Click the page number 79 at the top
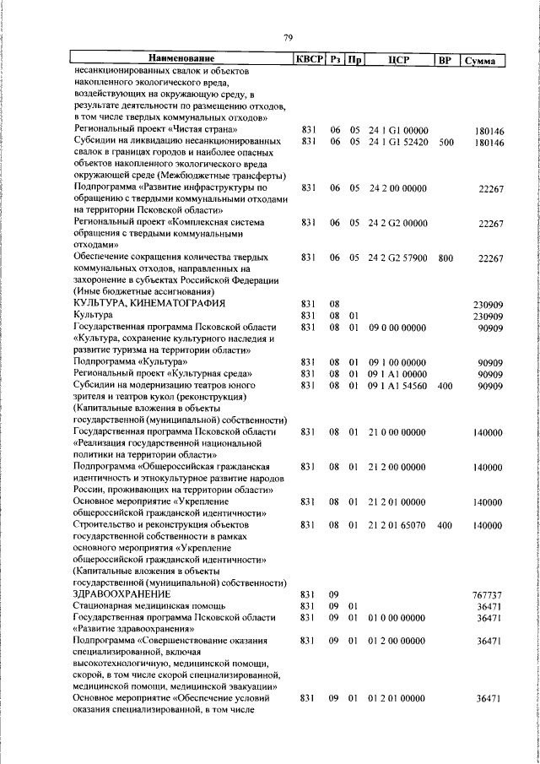click(288, 38)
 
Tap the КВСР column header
click(307, 59)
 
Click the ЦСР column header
click(398, 59)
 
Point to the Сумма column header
click(485, 60)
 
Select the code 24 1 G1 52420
click(398, 143)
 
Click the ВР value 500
click(446, 143)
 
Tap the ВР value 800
click(446, 257)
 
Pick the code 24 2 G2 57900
click(398, 257)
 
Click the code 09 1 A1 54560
click(398, 385)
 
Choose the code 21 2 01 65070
click(398, 524)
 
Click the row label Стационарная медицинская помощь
click(149, 605)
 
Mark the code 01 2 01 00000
click(398, 698)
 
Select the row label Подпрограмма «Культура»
click(131, 361)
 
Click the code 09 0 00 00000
click(398, 327)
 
